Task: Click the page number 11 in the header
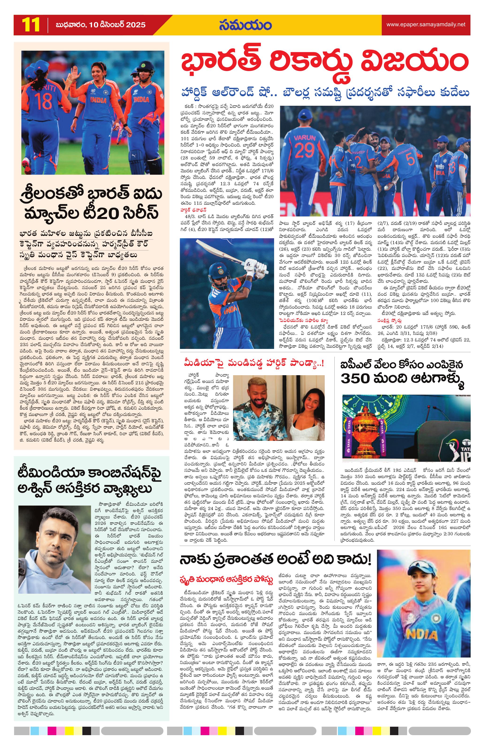click(x=31, y=25)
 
